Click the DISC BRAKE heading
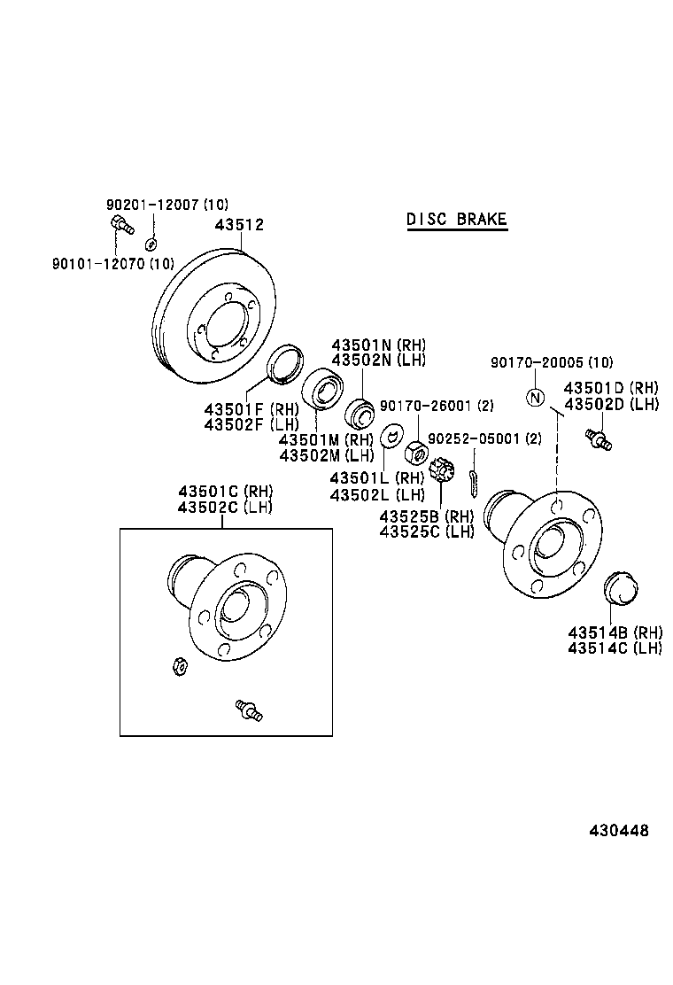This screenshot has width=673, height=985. (x=457, y=220)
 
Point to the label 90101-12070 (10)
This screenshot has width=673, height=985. (x=112, y=263)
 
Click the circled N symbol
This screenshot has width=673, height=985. (x=534, y=398)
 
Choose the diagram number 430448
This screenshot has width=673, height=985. (x=619, y=831)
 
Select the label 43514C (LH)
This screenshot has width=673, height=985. (x=615, y=648)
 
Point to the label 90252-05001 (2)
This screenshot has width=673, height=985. (x=484, y=438)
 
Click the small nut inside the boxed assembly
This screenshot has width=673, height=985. (x=178, y=665)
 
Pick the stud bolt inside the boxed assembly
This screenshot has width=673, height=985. (x=247, y=710)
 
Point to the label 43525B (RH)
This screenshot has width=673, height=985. (x=427, y=516)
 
